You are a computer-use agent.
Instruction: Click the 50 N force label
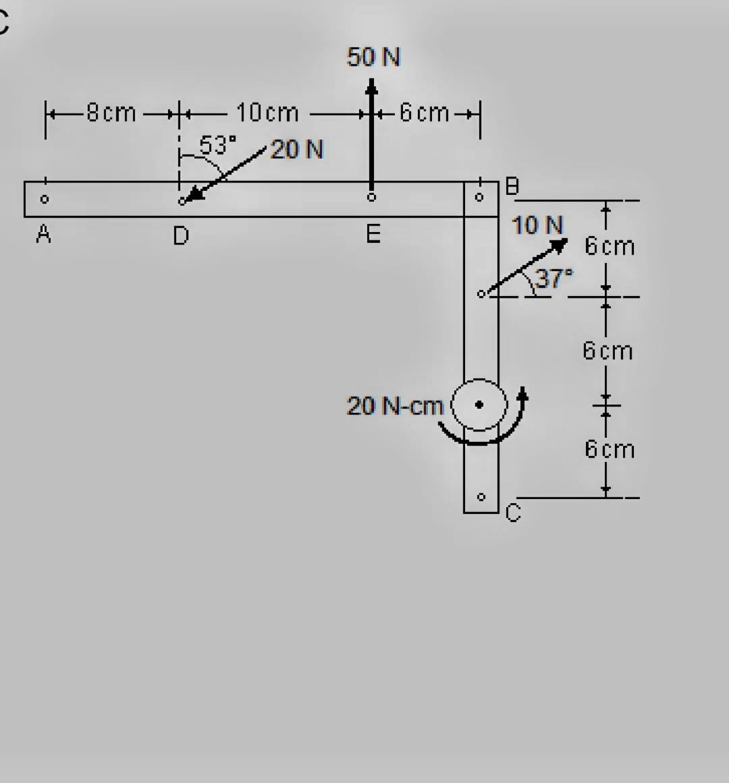point(373,57)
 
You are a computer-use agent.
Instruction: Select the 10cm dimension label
point(267,113)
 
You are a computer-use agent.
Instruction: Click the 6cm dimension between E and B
point(424,113)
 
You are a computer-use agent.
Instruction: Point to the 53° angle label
point(218,144)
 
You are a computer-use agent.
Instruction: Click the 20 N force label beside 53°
point(297,149)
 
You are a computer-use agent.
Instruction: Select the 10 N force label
point(537,225)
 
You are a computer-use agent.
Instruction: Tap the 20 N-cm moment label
point(395,406)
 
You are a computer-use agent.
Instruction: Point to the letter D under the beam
point(180,236)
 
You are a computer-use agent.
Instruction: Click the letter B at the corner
point(512,187)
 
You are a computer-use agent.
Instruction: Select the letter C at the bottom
point(513,514)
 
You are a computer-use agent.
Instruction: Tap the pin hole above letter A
point(44,199)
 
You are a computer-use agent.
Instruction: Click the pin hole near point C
point(481,498)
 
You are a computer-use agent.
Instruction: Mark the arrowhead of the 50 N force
point(371,86)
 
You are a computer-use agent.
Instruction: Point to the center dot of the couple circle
point(480,405)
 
